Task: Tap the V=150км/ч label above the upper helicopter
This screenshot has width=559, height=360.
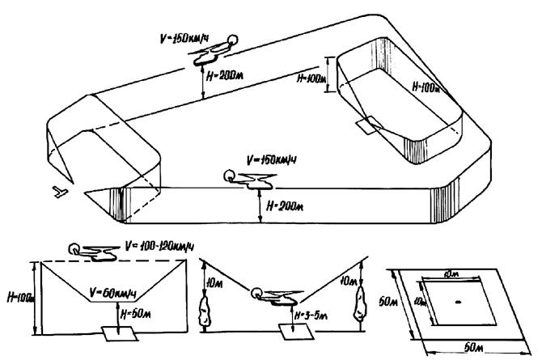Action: click(x=190, y=38)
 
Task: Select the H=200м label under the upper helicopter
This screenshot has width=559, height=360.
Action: click(x=225, y=82)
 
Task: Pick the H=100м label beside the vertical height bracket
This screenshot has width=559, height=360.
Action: click(x=311, y=78)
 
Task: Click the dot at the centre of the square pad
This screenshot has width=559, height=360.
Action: click(x=458, y=303)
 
